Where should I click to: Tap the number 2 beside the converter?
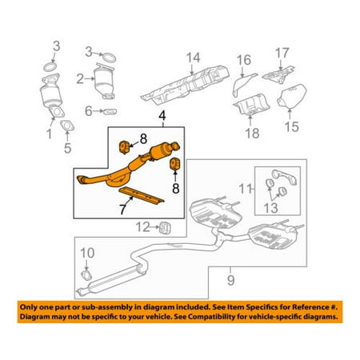click(x=80, y=78)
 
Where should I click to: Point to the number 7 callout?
click(x=122, y=209)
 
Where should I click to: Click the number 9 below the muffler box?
click(x=232, y=279)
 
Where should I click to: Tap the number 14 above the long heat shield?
click(x=192, y=57)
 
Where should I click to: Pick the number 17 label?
click(x=282, y=54)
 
